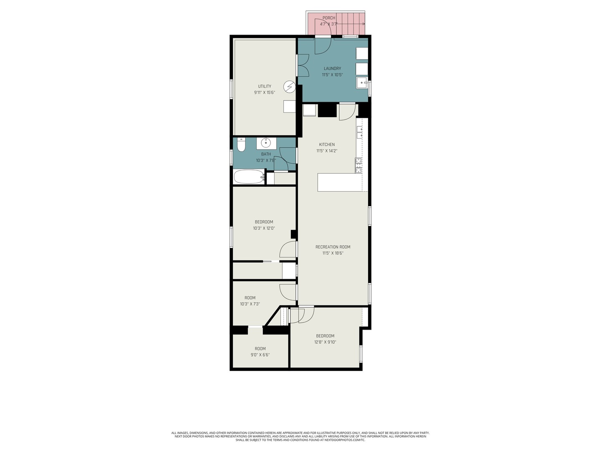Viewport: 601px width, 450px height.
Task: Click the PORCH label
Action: pos(328,18)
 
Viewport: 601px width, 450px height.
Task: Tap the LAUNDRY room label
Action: pos(332,68)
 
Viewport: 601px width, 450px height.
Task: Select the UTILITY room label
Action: pos(264,86)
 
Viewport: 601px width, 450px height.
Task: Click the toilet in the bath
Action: pos(241,145)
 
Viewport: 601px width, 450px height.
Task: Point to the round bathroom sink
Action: pos(266,143)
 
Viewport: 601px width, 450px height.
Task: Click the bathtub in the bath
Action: pos(249,177)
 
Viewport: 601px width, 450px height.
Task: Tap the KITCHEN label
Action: pos(327,145)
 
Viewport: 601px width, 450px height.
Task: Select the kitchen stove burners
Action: pos(359,165)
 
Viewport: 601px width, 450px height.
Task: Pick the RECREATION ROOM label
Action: pos(333,247)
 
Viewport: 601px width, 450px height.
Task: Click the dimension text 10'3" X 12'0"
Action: pos(264,228)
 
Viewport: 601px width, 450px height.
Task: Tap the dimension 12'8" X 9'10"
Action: pos(325,342)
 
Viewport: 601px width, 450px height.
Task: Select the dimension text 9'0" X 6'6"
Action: pos(260,355)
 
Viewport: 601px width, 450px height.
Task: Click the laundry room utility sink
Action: pos(361,83)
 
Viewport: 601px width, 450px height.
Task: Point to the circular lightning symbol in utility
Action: pos(289,87)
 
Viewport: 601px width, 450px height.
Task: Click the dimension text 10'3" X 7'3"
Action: pos(250,304)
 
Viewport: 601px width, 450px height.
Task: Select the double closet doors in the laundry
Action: pos(303,66)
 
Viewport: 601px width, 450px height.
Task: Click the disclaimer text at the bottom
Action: pos(300,436)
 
